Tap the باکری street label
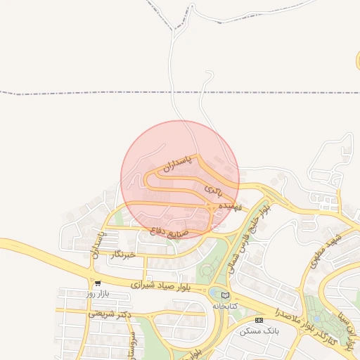(214, 190)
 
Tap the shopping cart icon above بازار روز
(98, 283)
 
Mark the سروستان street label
(131, 337)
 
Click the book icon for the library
(225, 296)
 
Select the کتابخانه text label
(226, 306)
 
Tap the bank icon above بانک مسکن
(259, 321)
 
